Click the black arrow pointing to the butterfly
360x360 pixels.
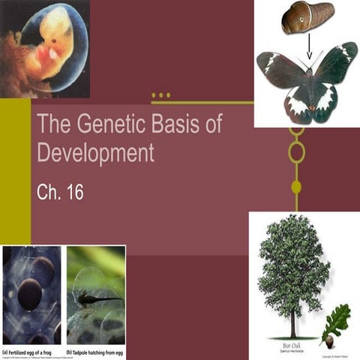click(310, 47)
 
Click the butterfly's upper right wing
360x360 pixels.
click(335, 64)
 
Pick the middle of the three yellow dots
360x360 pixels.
click(160, 95)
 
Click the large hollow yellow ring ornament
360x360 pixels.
click(296, 152)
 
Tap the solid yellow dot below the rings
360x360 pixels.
click(296, 186)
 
